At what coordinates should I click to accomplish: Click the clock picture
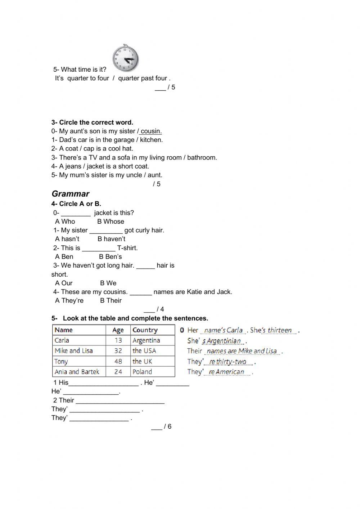coord(125,58)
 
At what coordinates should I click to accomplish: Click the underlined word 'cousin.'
coord(151,131)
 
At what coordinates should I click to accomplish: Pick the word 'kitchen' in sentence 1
coord(151,140)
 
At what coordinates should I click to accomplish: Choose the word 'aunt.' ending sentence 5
coord(155,175)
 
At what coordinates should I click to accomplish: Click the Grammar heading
coord(71,194)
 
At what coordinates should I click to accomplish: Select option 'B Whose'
coord(111,222)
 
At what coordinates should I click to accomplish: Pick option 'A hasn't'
coord(67,239)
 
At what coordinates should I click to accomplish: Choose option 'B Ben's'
coord(110,256)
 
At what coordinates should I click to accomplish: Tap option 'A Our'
coord(64,283)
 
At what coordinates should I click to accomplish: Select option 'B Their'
coord(111,300)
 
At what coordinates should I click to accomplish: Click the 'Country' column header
coord(145,330)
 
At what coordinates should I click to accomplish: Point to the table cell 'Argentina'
coord(146,340)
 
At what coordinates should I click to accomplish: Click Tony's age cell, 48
coord(118,361)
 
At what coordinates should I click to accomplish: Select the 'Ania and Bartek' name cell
coord(77,372)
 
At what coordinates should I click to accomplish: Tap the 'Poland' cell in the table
coord(142,372)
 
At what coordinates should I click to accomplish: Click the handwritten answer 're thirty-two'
coord(228,362)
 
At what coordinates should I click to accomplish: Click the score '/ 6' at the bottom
coord(167,427)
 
